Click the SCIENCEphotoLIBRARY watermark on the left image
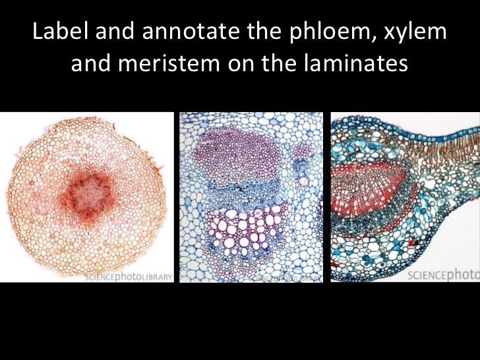pyautogui.click(x=128, y=276)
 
